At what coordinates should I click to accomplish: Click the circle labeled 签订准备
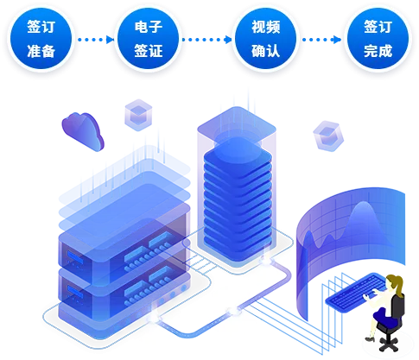41,39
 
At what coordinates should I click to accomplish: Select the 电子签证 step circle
149,39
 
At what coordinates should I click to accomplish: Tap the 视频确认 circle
265,39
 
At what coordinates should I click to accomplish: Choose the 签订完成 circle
378,39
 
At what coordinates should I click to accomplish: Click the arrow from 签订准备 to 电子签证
96,40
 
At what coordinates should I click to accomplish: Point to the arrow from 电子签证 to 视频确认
206,40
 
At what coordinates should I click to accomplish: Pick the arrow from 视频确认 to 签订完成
322,40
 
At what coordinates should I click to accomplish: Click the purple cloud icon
83,131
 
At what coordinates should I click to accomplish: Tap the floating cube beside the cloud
138,115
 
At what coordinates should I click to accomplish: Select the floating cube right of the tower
327,136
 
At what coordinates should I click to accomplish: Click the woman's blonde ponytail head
394,283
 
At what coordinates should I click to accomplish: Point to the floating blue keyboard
355,292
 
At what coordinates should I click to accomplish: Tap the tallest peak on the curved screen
364,203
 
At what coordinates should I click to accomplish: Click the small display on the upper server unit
75,257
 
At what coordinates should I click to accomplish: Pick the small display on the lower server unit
75,292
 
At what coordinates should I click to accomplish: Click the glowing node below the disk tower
265,261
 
